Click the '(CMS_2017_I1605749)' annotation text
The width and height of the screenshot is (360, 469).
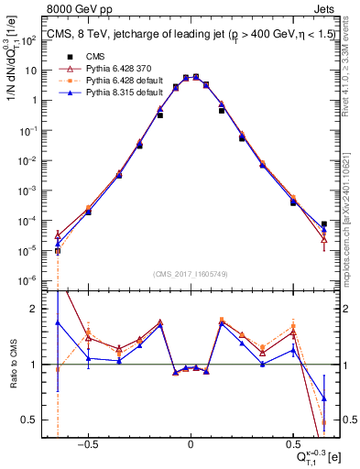pos(191,275)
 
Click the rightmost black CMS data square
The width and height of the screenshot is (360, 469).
pos(324,224)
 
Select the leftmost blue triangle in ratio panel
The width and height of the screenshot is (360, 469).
pos(58,322)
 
